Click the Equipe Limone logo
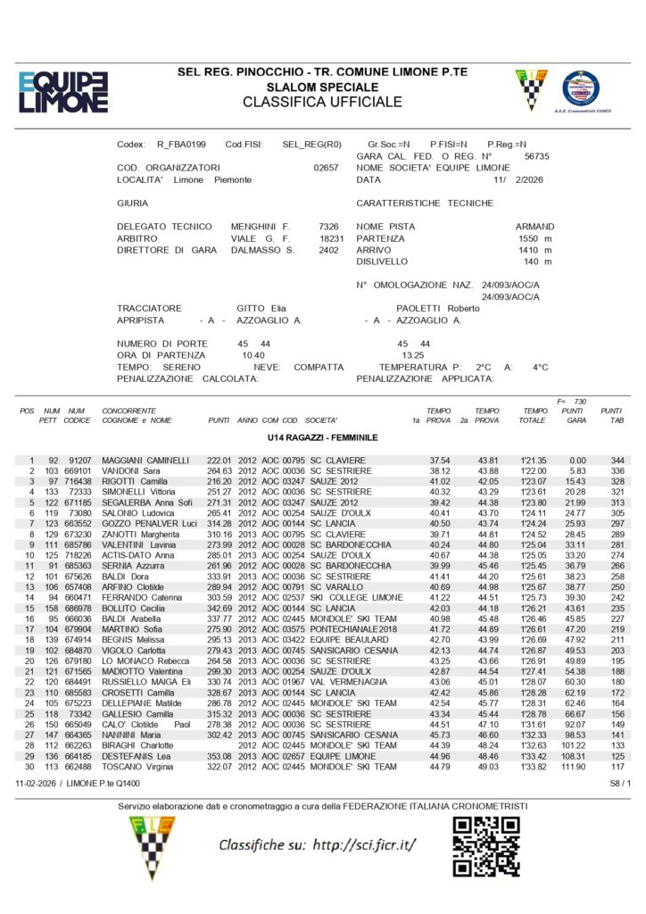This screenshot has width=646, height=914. pos(62,91)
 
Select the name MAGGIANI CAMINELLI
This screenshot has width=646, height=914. pos(145,460)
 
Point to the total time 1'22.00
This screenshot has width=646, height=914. pos(534,470)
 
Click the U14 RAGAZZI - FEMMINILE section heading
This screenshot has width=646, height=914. pos(322,438)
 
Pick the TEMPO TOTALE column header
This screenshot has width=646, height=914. pos(534,415)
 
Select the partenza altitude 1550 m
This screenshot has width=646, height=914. pos(534,238)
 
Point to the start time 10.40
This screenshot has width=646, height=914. pos(253,355)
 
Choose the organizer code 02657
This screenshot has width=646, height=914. pos(327,168)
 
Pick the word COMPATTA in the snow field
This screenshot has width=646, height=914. pos(319,367)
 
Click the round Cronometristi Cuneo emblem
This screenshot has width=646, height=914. pos(581,89)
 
